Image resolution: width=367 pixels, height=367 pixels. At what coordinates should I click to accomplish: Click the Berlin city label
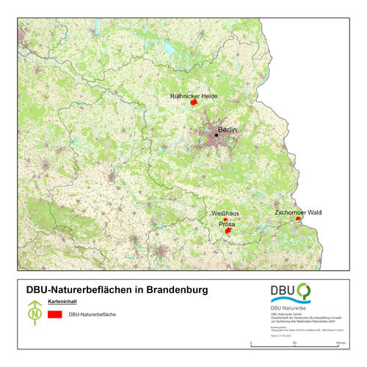(x=229, y=130)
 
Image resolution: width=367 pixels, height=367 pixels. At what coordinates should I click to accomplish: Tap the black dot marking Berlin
(x=217, y=134)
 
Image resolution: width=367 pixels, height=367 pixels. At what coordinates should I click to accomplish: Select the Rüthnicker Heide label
(x=193, y=95)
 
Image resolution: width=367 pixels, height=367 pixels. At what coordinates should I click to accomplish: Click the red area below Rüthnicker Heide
(x=193, y=103)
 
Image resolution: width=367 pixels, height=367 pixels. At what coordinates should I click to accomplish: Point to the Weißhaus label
(x=226, y=213)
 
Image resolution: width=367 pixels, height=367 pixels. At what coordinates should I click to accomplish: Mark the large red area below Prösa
(x=228, y=231)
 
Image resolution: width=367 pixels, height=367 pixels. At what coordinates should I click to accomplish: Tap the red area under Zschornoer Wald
(x=297, y=219)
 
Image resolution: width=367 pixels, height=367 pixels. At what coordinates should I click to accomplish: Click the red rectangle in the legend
(x=54, y=315)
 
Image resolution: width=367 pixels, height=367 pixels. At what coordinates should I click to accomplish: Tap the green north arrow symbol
(x=34, y=313)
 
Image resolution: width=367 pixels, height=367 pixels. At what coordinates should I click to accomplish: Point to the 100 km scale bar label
(x=340, y=344)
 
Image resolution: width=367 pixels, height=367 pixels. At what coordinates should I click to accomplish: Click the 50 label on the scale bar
(x=295, y=344)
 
